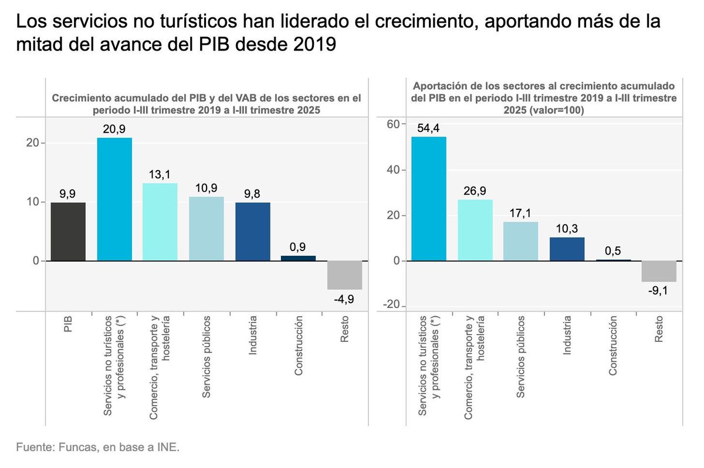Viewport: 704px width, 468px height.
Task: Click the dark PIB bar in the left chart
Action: [x=68, y=231]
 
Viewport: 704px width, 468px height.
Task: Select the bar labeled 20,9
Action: [x=114, y=199]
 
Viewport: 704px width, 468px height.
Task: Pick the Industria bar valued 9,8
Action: [x=252, y=231]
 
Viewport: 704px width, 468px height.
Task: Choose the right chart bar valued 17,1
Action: [x=521, y=241]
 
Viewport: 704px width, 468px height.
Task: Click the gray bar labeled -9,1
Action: [x=659, y=271]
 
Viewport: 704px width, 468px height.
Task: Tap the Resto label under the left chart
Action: [x=344, y=329]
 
